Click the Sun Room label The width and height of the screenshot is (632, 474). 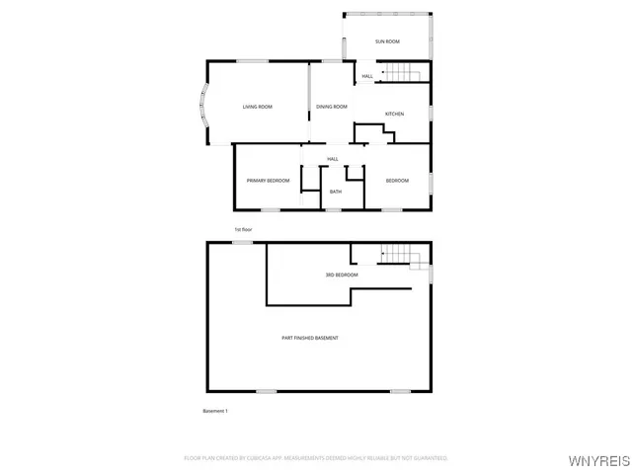387,41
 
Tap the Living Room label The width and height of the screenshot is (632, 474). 258,107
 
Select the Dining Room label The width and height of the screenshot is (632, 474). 332,107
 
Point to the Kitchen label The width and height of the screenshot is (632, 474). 394,114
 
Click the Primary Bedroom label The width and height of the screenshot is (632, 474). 268,180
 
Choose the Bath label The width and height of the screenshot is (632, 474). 336,192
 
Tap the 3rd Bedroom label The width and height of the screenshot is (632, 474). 342,275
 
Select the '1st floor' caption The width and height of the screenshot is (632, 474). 243,229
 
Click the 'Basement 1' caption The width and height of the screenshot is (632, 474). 215,411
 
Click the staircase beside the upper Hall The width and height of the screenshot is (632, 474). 402,72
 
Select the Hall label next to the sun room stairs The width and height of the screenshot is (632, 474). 367,76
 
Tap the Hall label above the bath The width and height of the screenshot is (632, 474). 333,159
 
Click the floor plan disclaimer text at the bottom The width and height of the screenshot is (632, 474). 316,458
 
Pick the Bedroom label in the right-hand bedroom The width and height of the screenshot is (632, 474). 397,180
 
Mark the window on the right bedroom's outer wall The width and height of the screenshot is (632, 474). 432,180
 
